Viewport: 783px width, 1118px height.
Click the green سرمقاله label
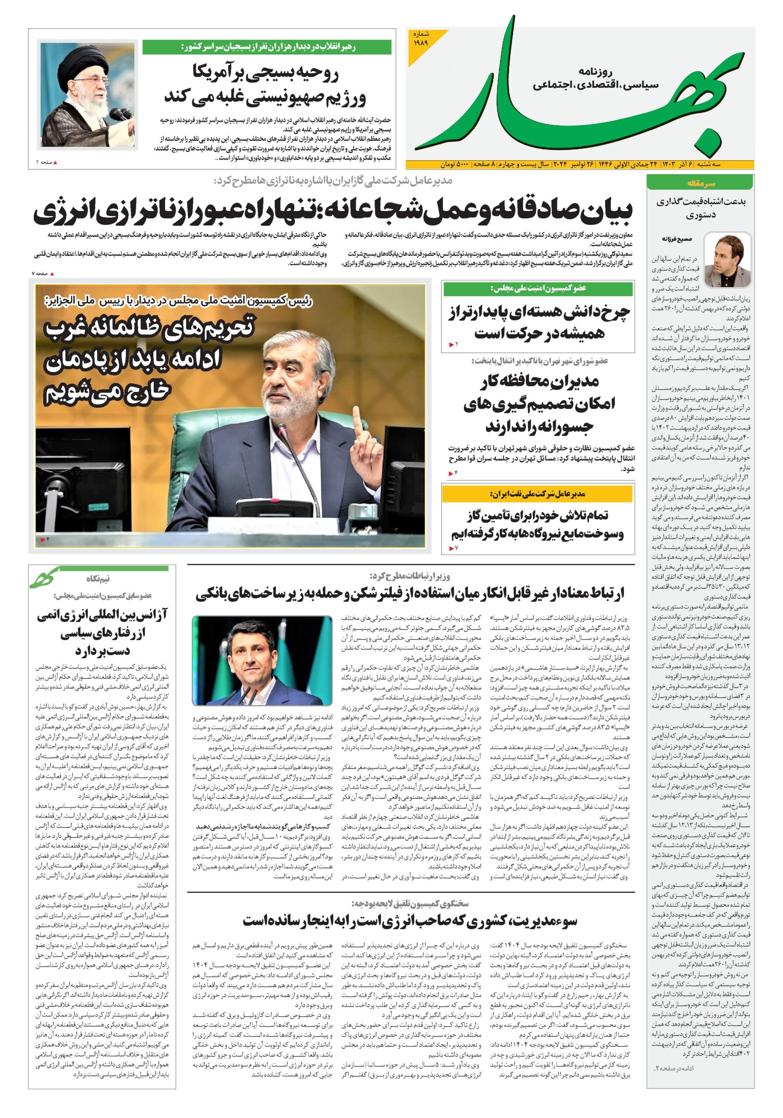(699, 183)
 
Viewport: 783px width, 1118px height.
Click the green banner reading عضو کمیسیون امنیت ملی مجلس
(538, 289)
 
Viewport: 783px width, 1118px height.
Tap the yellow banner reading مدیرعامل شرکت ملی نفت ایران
(538, 494)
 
